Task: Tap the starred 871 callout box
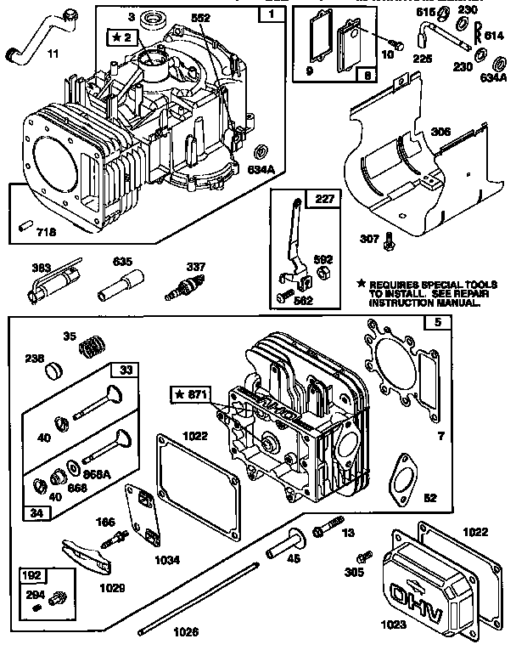(x=193, y=394)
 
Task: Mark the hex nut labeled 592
(x=322, y=271)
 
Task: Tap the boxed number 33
(x=126, y=370)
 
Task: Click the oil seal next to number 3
(x=158, y=17)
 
